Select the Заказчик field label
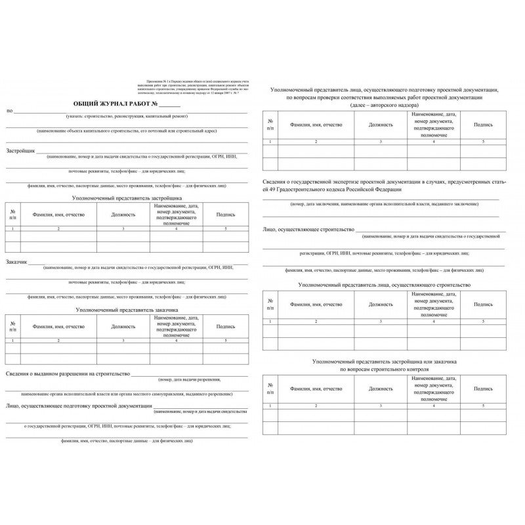pyautogui.click(x=18, y=262)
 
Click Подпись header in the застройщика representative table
pyautogui.click(x=225, y=214)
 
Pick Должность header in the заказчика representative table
pyautogui.click(x=123, y=326)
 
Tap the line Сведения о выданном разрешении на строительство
pyautogui.click(x=68, y=374)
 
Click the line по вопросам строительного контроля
pyautogui.click(x=384, y=370)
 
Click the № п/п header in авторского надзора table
pyautogui.click(x=270, y=124)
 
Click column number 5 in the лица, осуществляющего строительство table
pyautogui.click(x=484, y=321)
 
